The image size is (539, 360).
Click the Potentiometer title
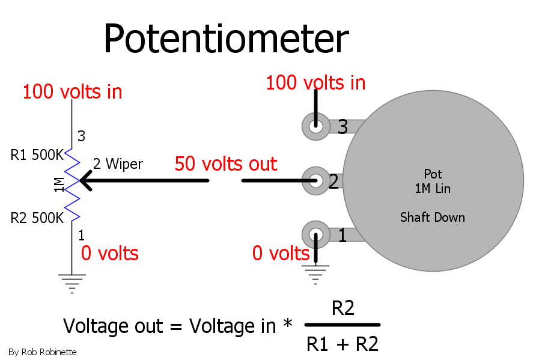[226, 38]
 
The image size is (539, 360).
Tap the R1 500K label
[37, 155]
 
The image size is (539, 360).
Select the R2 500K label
[37, 218]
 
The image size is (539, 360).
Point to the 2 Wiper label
[118, 164]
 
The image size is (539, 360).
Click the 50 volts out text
[226, 163]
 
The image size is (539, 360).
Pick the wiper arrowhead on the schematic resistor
[85, 180]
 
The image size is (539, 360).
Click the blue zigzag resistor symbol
[72, 185]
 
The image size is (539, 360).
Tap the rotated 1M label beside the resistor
[59, 185]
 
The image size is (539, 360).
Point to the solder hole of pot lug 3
[315, 126]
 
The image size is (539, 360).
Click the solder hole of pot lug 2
[315, 180]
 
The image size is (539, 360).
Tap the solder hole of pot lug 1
[315, 235]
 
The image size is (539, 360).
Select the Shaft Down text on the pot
[433, 218]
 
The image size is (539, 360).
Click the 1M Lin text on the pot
[433, 189]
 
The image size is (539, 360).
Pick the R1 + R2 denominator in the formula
[343, 344]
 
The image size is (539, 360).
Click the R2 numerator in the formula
[343, 308]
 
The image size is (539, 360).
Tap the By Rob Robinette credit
[42, 352]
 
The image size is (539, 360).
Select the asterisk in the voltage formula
[287, 323]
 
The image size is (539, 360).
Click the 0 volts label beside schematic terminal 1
[109, 254]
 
